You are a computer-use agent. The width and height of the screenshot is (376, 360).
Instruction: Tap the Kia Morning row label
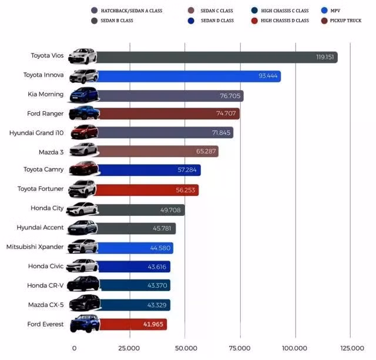point(46,95)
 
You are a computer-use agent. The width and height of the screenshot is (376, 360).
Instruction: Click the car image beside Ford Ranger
point(83,114)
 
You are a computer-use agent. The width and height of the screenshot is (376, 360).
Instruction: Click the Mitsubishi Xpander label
point(35,247)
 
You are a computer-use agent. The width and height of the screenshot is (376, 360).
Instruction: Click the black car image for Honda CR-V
point(82,285)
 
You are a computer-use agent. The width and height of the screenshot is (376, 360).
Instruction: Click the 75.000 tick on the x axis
point(239,348)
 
